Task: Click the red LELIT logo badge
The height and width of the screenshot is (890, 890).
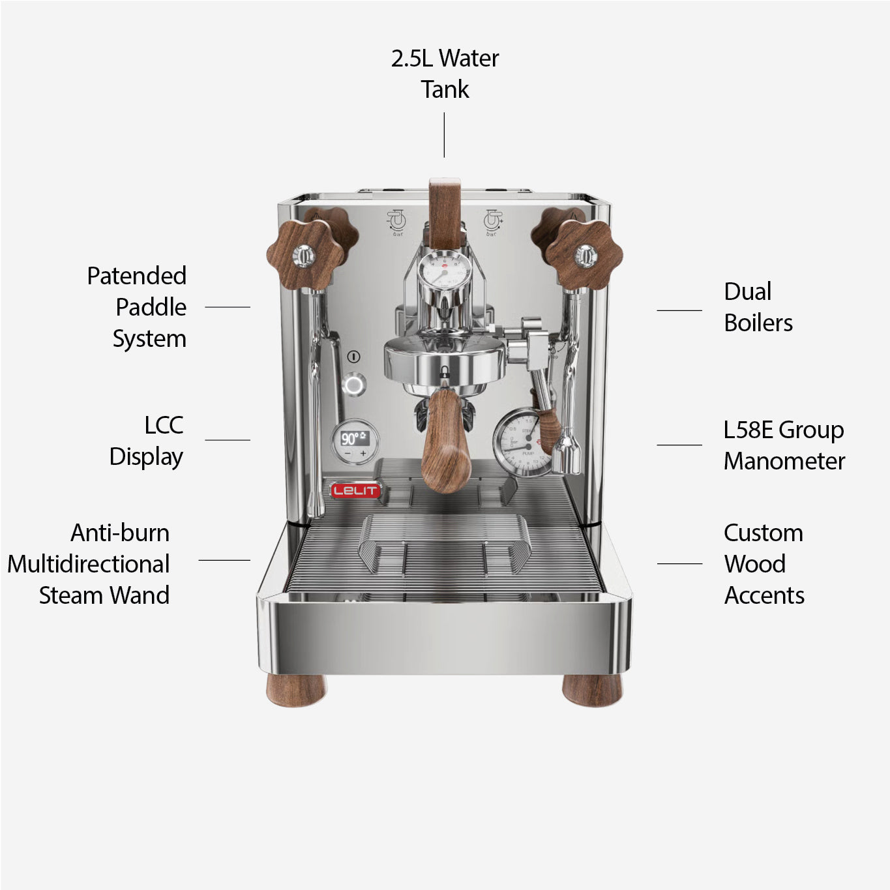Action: pyautogui.click(x=355, y=490)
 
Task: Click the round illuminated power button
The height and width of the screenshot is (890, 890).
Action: pyautogui.click(x=354, y=385)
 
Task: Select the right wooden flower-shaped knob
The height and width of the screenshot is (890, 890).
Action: pyautogui.click(x=585, y=255)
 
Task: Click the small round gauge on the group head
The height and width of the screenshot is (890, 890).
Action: pyautogui.click(x=444, y=270)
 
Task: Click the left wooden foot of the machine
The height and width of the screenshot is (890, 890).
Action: pyautogui.click(x=297, y=690)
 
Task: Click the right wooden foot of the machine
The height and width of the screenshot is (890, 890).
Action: pyautogui.click(x=592, y=690)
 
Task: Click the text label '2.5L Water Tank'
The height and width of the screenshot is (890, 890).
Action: pyautogui.click(x=445, y=74)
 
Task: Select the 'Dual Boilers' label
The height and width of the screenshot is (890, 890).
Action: pyautogui.click(x=758, y=307)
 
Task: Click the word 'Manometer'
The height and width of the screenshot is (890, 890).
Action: pyautogui.click(x=784, y=461)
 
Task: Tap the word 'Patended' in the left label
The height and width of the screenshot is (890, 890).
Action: pyautogui.click(x=137, y=276)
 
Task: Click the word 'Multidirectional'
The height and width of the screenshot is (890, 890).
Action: pyautogui.click(x=89, y=564)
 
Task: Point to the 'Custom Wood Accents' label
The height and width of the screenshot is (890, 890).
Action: pyautogui.click(x=764, y=564)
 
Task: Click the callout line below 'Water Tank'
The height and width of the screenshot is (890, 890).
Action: pyautogui.click(x=444, y=135)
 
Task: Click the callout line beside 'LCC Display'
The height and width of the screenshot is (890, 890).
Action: pyautogui.click(x=228, y=440)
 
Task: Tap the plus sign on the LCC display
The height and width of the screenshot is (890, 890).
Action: pyautogui.click(x=363, y=453)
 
